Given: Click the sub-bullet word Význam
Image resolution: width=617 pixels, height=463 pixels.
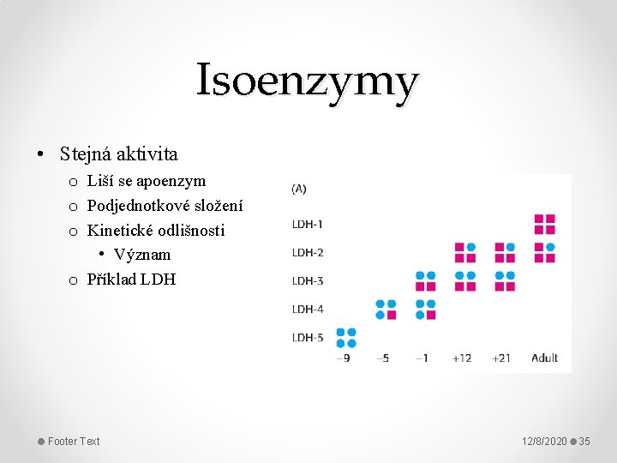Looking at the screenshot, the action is (142, 255).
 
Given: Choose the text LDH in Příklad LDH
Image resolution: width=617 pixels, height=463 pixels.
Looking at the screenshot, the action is (158, 280).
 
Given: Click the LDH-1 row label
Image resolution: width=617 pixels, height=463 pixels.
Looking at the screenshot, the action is (308, 225).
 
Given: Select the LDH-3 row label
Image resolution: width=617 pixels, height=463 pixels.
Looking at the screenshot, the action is (308, 281).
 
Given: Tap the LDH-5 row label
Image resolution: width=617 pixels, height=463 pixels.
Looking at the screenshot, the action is (308, 338).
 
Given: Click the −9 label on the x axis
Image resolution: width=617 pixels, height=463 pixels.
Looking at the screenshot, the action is (344, 358).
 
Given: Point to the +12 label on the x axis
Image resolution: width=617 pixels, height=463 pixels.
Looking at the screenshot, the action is (462, 358).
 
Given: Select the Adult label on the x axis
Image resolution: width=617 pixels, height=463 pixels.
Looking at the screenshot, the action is (545, 358).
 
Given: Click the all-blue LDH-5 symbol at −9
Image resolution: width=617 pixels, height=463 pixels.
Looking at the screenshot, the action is (346, 338).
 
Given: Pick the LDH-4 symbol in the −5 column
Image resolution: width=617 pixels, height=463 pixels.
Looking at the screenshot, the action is (386, 310).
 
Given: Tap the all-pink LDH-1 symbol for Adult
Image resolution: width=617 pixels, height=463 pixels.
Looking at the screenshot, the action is (545, 225).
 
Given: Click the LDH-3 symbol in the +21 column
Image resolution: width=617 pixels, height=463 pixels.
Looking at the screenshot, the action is (505, 281).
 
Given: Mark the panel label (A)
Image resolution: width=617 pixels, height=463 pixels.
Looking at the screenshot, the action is (299, 189).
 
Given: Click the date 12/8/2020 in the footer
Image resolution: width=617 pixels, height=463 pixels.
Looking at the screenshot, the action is (545, 442).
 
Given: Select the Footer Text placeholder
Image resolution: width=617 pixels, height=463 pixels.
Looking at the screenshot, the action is (74, 442).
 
